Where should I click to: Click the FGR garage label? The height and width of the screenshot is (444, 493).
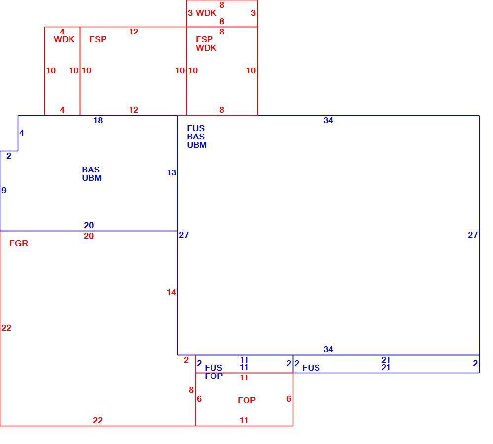(19, 243)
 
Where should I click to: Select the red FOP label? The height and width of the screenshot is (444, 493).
(246, 400)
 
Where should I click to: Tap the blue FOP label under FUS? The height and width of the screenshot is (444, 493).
(214, 376)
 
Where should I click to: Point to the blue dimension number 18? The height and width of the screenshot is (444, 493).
(98, 120)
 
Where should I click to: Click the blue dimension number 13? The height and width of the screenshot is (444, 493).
(172, 172)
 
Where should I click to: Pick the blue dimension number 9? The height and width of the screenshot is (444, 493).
(4, 190)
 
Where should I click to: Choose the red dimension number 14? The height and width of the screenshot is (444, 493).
(171, 292)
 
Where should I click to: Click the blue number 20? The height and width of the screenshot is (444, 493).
(89, 225)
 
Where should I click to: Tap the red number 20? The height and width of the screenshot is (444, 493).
(89, 236)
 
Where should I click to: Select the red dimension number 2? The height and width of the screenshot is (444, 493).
(186, 360)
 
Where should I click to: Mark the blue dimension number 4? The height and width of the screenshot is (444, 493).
(22, 133)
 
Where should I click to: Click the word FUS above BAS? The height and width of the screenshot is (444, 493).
(196, 128)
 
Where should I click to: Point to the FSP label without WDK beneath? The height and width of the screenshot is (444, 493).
(98, 39)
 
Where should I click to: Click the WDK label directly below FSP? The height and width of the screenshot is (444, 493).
(206, 48)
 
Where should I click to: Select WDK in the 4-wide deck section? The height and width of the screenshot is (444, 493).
(64, 39)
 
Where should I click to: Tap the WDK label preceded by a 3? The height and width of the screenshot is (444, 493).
(206, 13)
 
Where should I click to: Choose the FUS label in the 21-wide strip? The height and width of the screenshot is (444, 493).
(311, 368)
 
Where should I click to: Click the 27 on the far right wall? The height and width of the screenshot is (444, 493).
(473, 235)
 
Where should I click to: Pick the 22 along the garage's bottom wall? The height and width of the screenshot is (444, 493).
(98, 420)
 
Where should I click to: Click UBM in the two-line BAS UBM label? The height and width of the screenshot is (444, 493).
(92, 178)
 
